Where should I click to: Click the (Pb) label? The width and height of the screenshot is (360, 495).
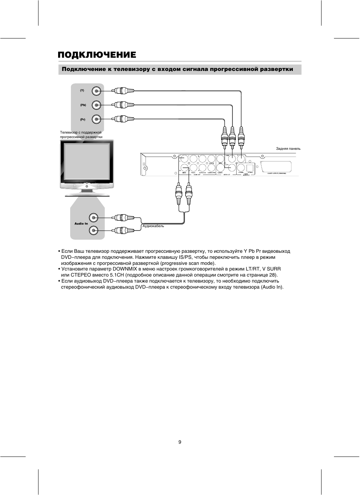[83, 105]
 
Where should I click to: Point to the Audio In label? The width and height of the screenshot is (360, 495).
[81, 224]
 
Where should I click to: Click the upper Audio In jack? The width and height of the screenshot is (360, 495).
[94, 218]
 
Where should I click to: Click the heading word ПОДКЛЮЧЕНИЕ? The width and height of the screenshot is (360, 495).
[97, 55]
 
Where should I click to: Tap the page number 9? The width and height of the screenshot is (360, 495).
[180, 442]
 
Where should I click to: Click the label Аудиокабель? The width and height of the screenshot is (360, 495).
[153, 226]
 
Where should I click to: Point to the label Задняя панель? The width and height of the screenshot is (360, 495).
[288, 149]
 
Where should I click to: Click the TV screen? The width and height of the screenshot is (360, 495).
[86, 161]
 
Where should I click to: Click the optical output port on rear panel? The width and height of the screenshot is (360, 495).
[250, 168]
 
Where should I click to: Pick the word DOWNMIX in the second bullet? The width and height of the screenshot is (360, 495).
[125, 269]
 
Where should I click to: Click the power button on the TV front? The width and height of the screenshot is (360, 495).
[87, 186]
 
